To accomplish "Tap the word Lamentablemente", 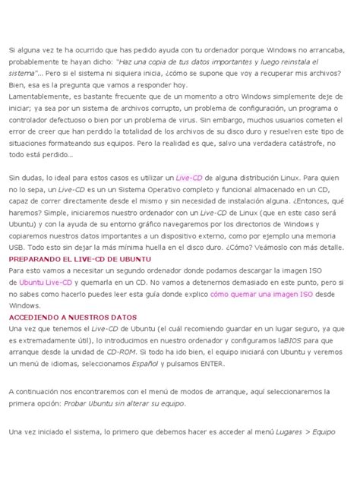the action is click(x=39, y=96).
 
